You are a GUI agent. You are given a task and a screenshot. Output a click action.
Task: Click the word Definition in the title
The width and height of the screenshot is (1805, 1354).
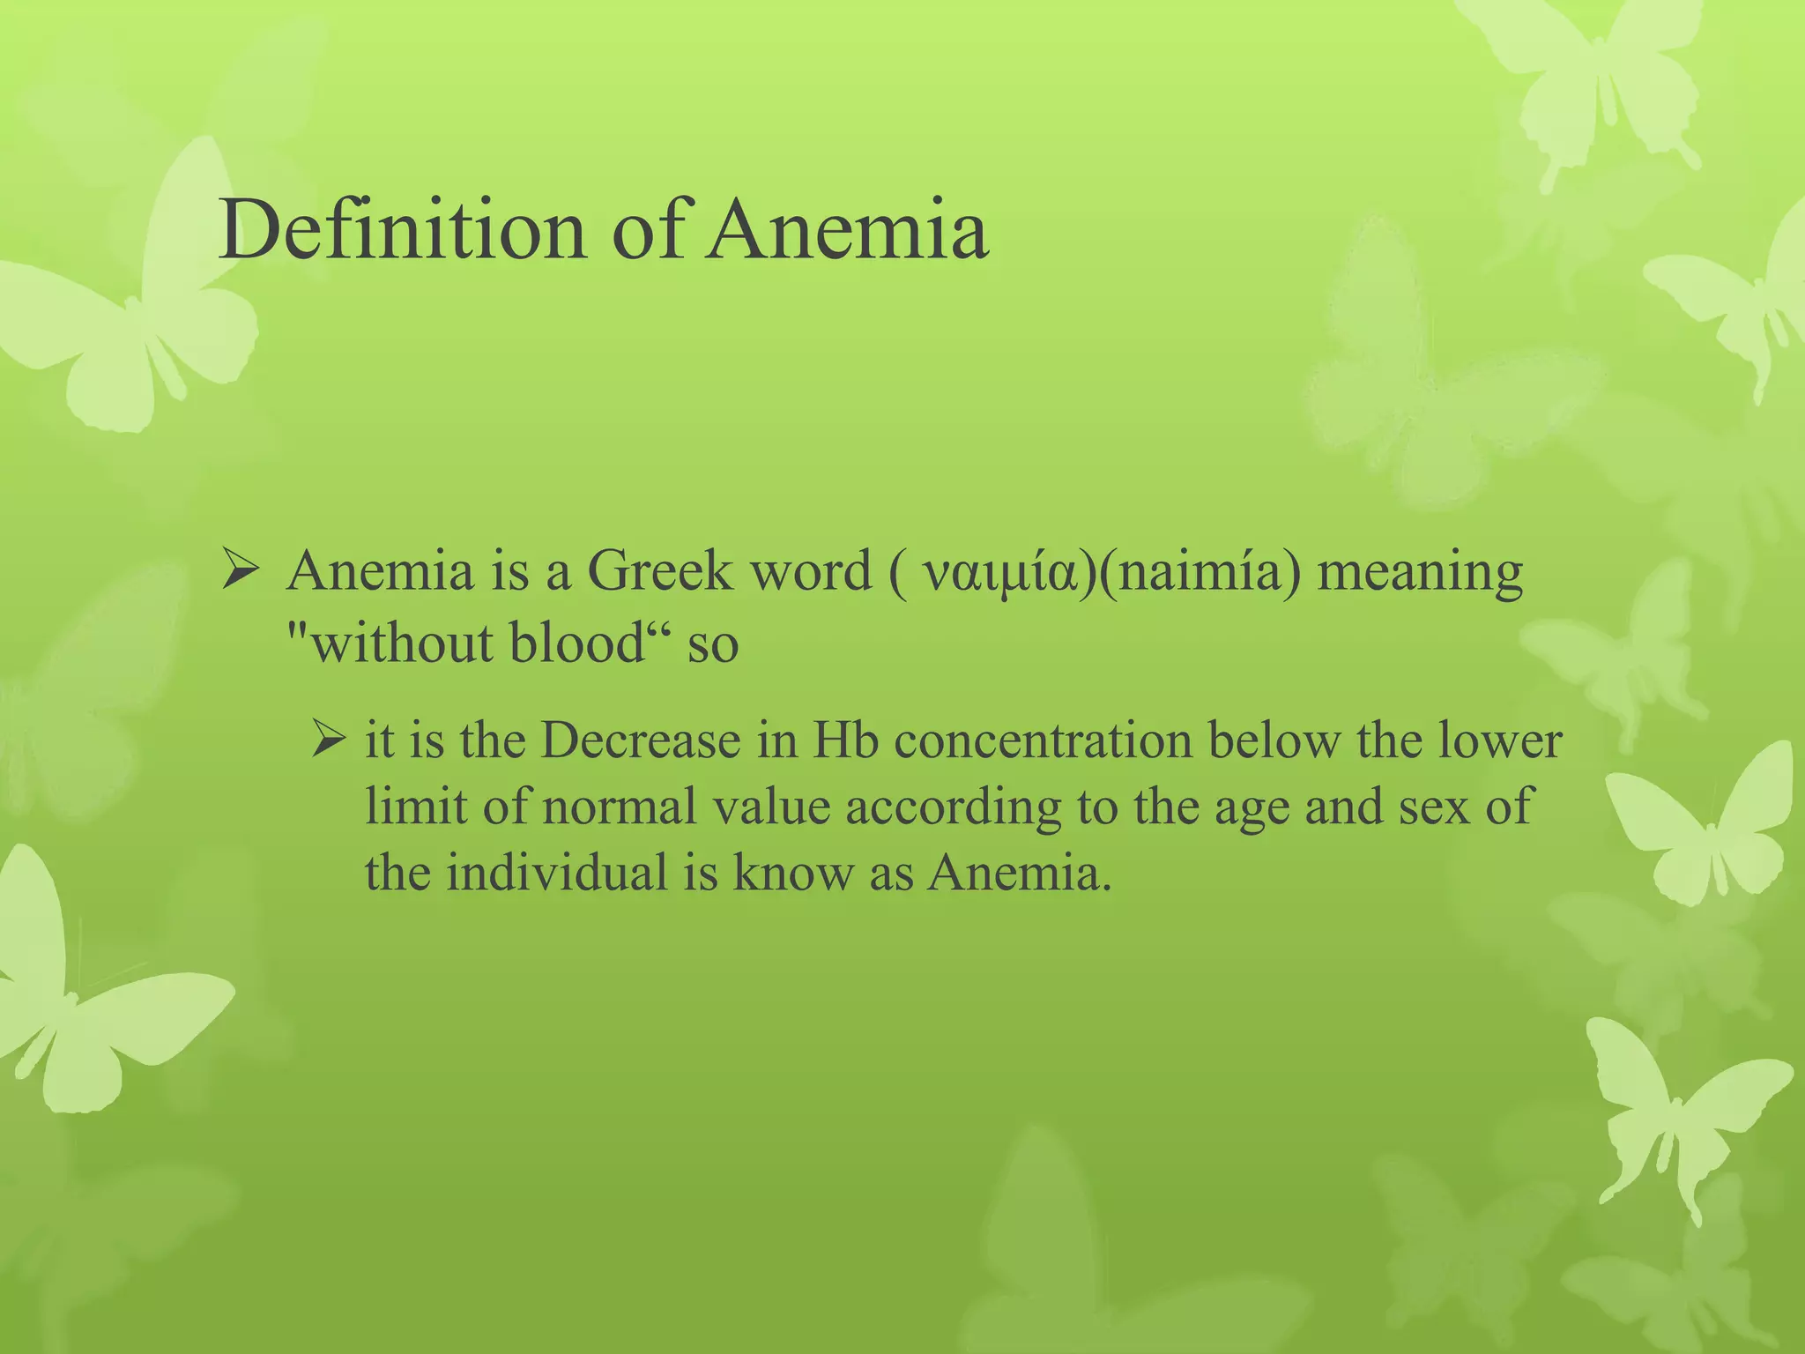tap(402, 231)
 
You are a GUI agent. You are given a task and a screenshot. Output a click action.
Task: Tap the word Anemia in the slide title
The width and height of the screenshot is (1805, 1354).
tap(847, 231)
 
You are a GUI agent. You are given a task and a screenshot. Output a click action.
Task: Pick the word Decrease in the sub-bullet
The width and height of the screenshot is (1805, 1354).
tap(641, 740)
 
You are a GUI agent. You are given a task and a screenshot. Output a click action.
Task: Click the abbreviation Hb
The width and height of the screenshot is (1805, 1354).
tap(845, 740)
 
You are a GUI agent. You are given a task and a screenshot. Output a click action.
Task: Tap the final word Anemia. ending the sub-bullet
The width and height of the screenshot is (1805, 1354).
tap(1019, 873)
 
